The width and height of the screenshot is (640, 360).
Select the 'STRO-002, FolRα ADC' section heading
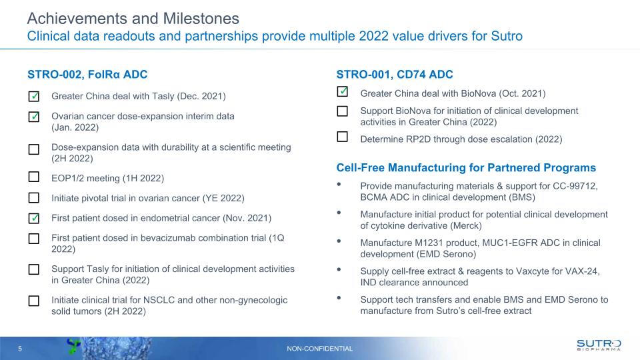click(x=87, y=74)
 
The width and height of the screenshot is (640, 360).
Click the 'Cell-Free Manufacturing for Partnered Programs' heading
click(x=466, y=167)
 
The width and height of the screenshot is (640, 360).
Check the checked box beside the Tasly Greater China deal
click(x=34, y=97)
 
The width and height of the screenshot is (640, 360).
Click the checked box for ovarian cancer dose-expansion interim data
click(x=34, y=117)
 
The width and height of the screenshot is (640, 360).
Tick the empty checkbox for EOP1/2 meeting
click(x=34, y=177)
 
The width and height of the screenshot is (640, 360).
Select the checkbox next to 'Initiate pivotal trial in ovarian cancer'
click(x=34, y=198)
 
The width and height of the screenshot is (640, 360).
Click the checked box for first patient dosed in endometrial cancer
click(x=34, y=219)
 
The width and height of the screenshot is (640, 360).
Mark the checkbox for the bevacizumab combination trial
click(x=34, y=239)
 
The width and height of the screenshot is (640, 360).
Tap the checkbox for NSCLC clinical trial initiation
click(x=34, y=301)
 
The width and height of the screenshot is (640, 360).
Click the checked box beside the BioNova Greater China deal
click(x=343, y=91)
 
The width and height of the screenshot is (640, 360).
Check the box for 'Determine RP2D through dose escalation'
click(x=343, y=137)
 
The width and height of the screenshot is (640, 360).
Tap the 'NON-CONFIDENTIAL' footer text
click(x=319, y=349)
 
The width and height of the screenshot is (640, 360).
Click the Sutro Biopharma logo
click(x=599, y=345)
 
